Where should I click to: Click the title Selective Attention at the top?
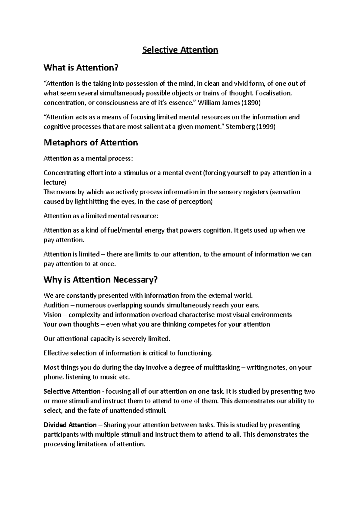(180, 50)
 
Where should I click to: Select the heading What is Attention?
(81, 68)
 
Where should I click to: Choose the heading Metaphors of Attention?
(91, 142)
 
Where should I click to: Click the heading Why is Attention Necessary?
(100, 280)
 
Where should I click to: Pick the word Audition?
(56, 305)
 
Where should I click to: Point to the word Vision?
(52, 315)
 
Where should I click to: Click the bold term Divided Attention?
(70, 425)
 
